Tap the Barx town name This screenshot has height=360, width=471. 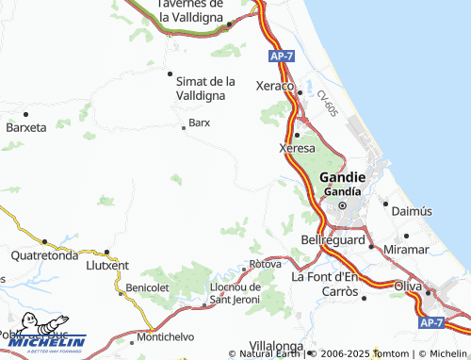199,123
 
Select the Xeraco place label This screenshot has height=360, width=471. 276,86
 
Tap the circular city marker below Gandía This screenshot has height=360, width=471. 342,205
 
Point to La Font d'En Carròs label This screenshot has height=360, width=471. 325,284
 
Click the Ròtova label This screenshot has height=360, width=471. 265,264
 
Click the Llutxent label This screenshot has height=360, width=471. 106,267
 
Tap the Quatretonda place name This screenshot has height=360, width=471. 44,254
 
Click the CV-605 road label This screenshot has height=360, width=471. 327,103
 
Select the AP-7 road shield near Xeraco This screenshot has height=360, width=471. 280,57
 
